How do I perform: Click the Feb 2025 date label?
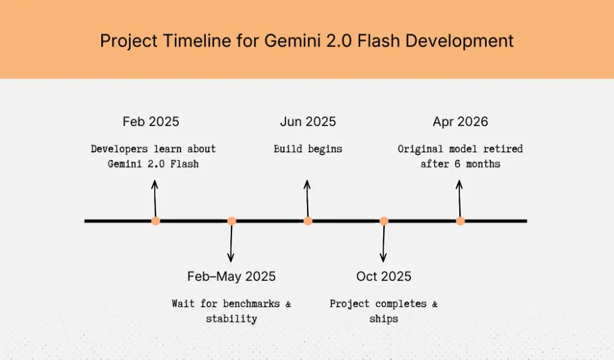[151, 122]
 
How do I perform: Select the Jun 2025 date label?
[308, 122]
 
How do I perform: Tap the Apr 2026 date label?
[460, 122]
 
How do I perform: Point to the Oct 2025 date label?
[384, 276]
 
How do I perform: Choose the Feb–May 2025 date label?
[231, 276]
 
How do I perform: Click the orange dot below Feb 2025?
[155, 221]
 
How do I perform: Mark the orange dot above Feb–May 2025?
[231, 221]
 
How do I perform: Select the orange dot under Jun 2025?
[308, 221]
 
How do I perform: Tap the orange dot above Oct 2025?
[384, 221]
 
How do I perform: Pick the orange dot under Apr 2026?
[460, 221]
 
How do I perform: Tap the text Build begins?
[308, 149]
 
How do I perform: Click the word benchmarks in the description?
[252, 303]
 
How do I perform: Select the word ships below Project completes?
[384, 318]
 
